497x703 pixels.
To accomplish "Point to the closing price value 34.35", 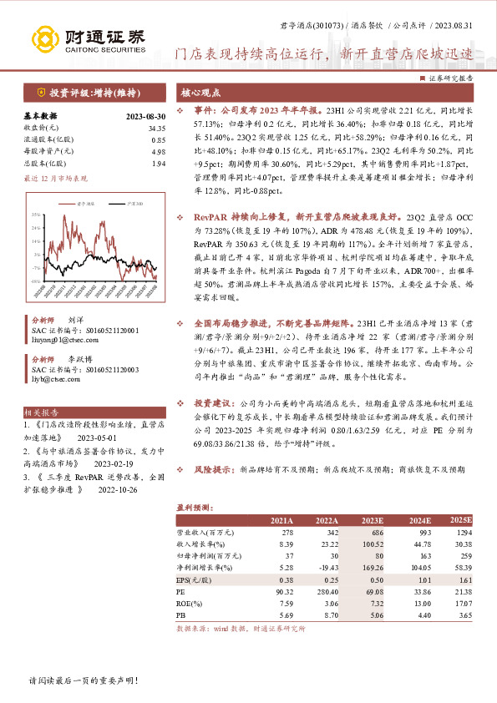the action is point(156,128).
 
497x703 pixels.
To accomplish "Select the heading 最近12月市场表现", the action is point(55,178).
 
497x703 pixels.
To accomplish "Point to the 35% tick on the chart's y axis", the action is point(37,215).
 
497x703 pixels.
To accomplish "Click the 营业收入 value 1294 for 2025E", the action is point(463,533).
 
